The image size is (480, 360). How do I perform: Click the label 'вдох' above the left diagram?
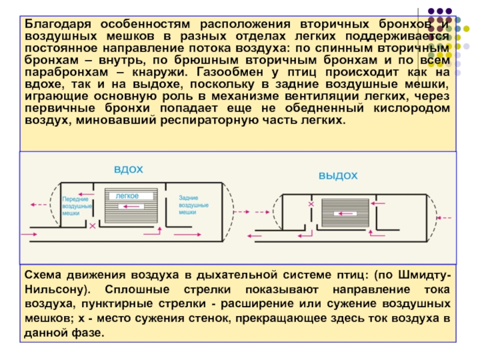coord(128,169)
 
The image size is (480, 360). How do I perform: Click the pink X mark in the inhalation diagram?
coord(92,227)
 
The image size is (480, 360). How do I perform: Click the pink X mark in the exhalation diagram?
coord(311,205)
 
